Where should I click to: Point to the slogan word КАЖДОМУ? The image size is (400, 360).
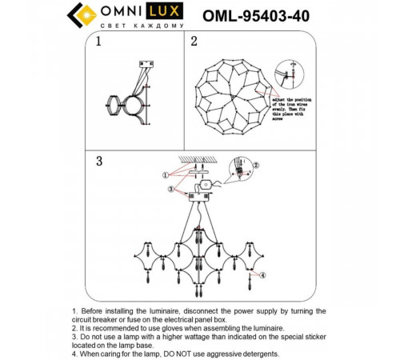pyautogui.click(x=164, y=26)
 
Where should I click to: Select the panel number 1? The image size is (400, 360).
pyautogui.click(x=99, y=41)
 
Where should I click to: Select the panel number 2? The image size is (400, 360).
pyautogui.click(x=194, y=41)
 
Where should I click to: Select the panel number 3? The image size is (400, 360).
pyautogui.click(x=99, y=162)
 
